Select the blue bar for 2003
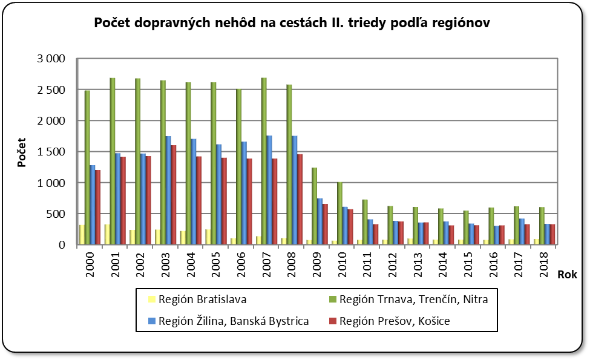[x=168, y=190]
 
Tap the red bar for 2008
[x=300, y=199]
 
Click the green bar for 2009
[x=315, y=206]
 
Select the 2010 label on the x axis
[x=343, y=264]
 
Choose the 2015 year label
[x=470, y=264]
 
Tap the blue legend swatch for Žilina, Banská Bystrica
[x=152, y=321]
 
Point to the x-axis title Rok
[x=567, y=274]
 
